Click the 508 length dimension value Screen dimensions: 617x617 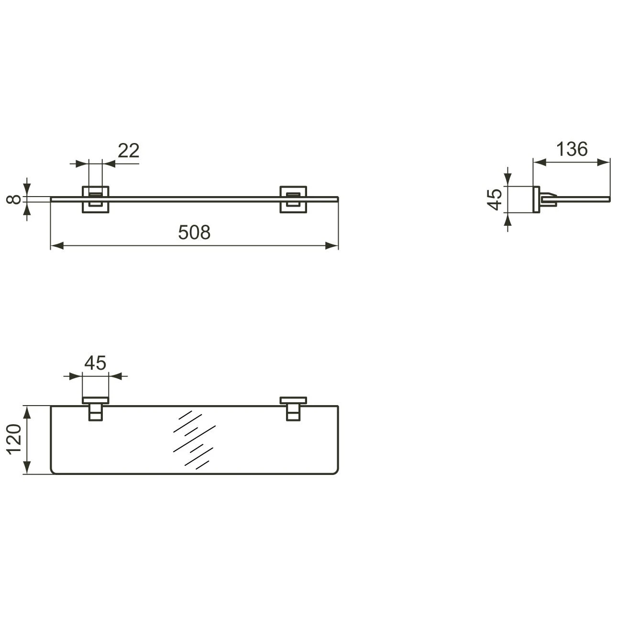point(194,232)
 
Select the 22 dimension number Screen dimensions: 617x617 point(128,151)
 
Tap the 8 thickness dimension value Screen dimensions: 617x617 point(15,199)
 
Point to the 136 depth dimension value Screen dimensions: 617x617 point(572,149)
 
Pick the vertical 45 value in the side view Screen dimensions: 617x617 point(496,199)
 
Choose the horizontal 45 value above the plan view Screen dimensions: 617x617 point(95,363)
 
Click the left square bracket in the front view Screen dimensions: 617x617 point(96,199)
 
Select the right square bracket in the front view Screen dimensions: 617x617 point(293,199)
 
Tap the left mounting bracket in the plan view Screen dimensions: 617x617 point(96,408)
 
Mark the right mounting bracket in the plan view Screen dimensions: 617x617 point(293,408)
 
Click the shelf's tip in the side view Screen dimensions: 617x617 point(608,198)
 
